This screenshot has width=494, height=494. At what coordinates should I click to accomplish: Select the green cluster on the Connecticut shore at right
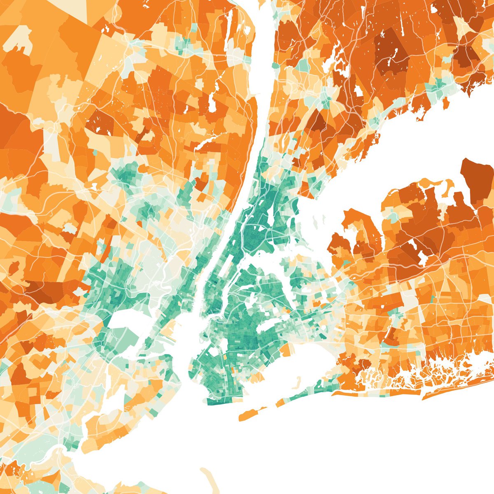click(443, 84)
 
